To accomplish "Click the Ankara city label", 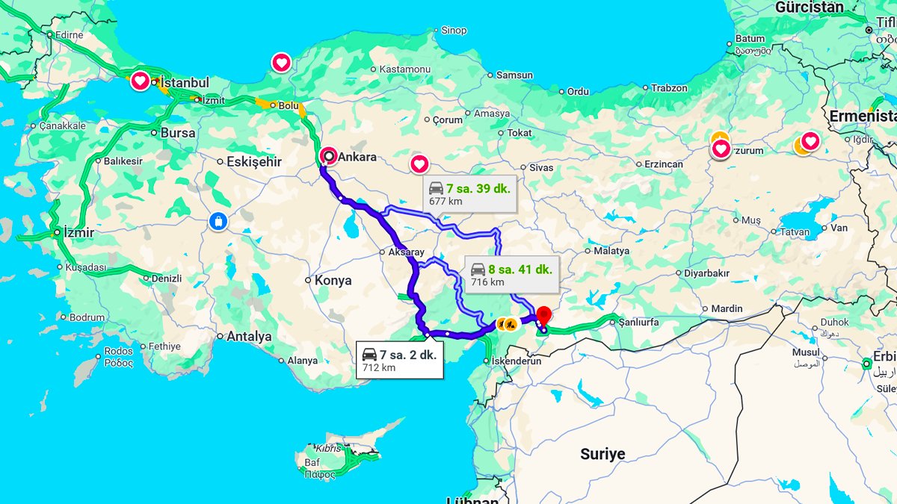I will tap(357, 157).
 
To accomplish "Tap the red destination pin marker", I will tap(543, 315).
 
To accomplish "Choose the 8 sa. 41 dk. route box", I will tap(510, 274).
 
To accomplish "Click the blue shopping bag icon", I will tap(218, 221).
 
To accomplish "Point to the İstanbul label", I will tap(185, 82).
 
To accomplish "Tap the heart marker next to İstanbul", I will tap(141, 81).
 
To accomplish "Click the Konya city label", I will tap(333, 280).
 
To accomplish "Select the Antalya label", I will tap(249, 337).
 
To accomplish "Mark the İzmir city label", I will tap(78, 232).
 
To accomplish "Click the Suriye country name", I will tap(602, 454).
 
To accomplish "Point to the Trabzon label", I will tap(669, 87).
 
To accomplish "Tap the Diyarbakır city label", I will tap(706, 273).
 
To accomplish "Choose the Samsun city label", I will tap(514, 75).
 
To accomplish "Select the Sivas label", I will tap(541, 167).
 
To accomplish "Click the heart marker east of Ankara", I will tap(419, 164).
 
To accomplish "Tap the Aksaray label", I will tap(406, 252).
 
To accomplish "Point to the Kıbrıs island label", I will tap(327, 449).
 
